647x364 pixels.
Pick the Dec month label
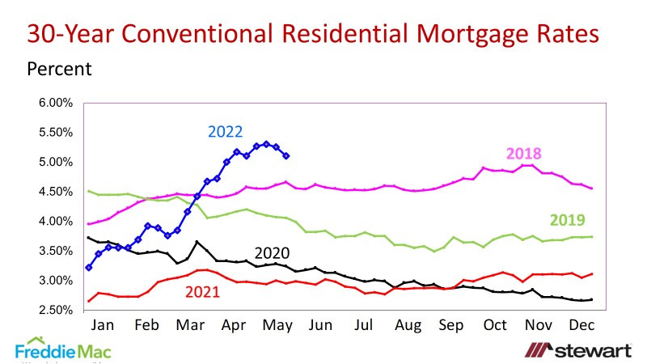(583, 325)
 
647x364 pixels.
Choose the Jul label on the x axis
(366, 325)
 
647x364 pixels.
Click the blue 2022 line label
(226, 131)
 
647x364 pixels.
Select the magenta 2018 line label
(523, 154)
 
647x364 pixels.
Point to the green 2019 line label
(567, 220)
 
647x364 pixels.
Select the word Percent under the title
(60, 69)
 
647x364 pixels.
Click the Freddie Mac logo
(63, 349)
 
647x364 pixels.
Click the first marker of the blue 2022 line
(88, 267)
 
